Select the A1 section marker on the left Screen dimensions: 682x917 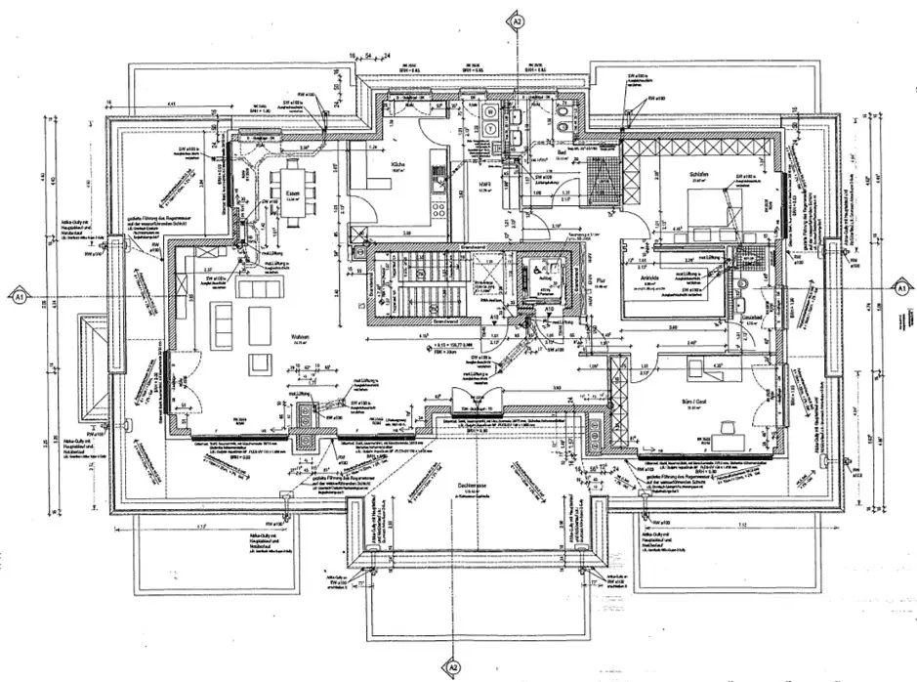click(19, 291)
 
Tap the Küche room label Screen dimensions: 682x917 click(397, 165)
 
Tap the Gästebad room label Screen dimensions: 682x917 click(750, 318)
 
